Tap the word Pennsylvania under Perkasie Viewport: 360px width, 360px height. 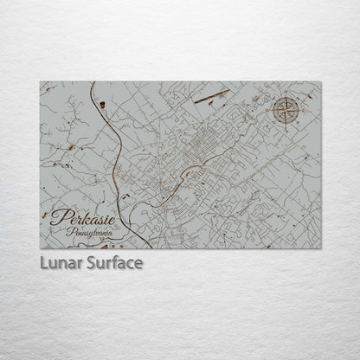click(89, 231)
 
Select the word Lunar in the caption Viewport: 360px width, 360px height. click(58, 262)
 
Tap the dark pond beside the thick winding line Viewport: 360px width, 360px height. click(103, 105)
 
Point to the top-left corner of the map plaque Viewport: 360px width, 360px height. click(41, 82)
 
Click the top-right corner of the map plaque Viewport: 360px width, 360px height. click(320, 82)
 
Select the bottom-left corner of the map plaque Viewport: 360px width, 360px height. click(41, 248)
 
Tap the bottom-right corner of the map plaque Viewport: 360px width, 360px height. click(320, 248)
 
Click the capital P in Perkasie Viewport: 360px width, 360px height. click(57, 216)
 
